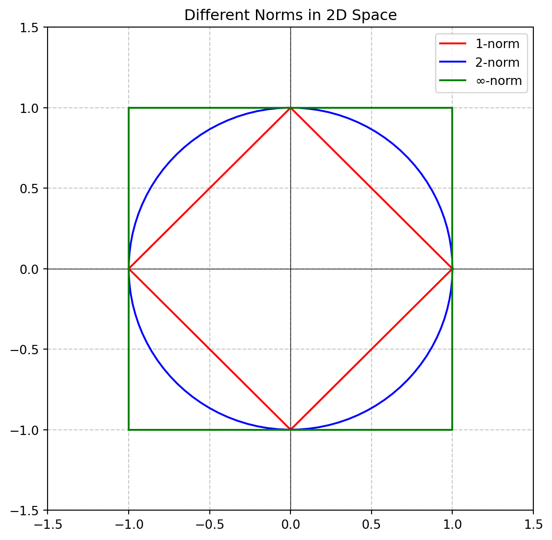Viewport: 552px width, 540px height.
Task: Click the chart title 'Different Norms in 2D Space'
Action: (290, 15)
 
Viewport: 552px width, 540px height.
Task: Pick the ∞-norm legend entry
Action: (498, 81)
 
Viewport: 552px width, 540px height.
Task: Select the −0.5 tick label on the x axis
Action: (210, 525)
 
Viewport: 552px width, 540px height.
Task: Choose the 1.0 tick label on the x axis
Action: (452, 525)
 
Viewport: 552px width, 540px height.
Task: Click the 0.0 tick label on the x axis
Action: (290, 525)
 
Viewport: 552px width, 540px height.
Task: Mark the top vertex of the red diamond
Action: (290, 108)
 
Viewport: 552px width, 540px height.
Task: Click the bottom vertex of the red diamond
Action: (290, 429)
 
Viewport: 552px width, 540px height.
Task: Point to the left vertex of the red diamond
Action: (129, 269)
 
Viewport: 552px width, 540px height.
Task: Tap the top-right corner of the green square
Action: (452, 108)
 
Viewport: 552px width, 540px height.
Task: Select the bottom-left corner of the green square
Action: (129, 429)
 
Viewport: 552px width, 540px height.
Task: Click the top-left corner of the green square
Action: (129, 108)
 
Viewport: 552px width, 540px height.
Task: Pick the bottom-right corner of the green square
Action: (452, 429)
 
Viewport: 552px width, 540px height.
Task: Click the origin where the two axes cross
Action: (290, 269)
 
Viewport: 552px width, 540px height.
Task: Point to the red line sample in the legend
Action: (453, 44)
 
